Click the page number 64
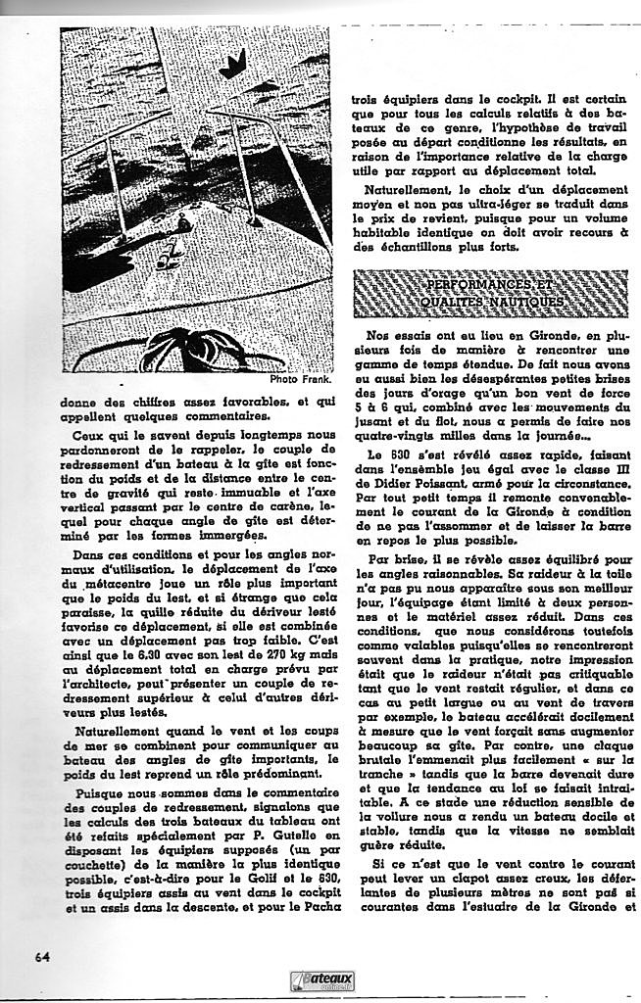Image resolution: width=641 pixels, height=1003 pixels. point(42,956)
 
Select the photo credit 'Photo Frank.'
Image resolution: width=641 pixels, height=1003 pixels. point(301,379)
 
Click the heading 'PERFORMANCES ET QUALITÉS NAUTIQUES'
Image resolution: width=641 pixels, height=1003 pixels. point(490,293)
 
